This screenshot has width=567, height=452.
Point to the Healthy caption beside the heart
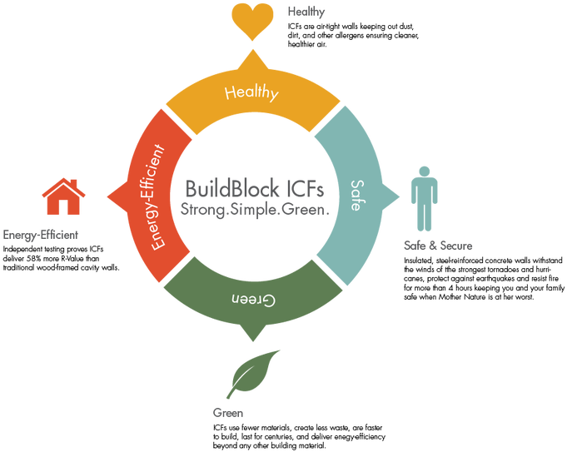tap(306, 12)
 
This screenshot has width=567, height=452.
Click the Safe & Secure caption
tap(437, 246)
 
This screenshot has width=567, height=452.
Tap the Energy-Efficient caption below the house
tap(41, 236)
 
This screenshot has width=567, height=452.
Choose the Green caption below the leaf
tap(228, 413)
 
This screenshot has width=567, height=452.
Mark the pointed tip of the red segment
tap(108, 197)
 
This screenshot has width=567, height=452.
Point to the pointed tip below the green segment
tap(252, 339)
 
